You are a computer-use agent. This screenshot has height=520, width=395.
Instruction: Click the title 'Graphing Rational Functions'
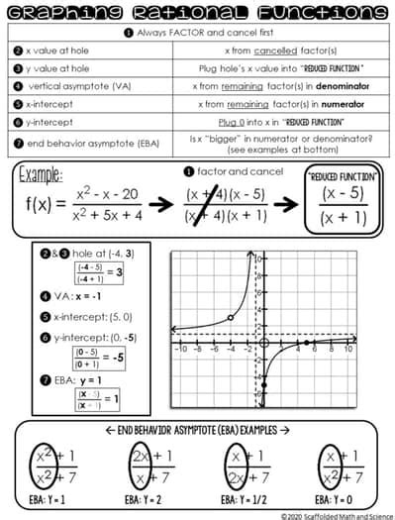coord(197,14)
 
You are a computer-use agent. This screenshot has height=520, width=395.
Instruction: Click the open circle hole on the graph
coord(231,318)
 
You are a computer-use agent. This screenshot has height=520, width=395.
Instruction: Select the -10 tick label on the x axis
coord(179,350)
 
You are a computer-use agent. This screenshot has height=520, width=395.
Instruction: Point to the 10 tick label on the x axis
coord(348,350)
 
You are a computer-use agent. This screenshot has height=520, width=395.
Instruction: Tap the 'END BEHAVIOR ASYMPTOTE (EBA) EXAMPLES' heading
coord(197,432)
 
